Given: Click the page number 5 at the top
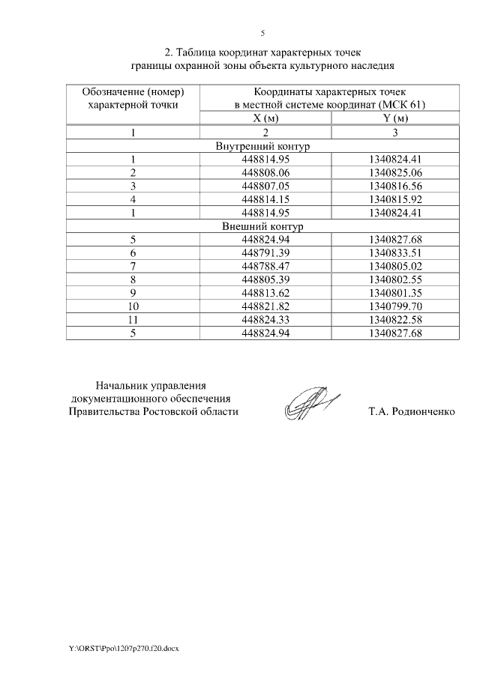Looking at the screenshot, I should click(x=262, y=33).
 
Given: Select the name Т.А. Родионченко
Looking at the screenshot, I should click(x=412, y=412).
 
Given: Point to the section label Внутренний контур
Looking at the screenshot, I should click(x=262, y=146).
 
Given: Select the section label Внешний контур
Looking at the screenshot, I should click(x=262, y=226).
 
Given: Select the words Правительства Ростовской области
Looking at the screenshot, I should click(x=154, y=412).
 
